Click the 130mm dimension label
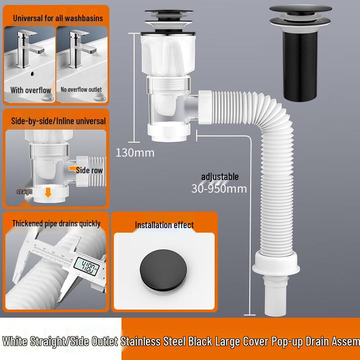[135, 153]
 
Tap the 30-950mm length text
[219, 189]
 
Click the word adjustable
[220, 177]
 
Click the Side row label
[89, 170]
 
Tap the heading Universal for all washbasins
[58, 18]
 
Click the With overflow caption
[31, 90]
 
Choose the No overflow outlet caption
[81, 90]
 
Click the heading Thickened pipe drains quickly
[56, 224]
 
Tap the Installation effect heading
[164, 225]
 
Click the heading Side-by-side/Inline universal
[58, 121]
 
